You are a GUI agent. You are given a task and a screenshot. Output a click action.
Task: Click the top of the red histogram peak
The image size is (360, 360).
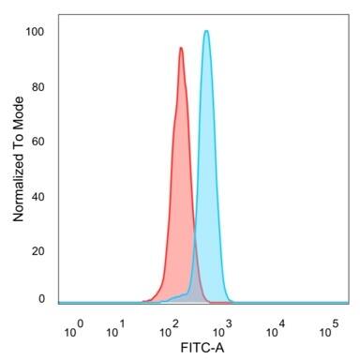180,48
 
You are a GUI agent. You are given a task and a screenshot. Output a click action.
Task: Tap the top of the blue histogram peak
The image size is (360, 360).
206,31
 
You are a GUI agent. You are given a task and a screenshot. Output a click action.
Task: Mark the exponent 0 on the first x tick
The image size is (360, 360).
81,323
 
